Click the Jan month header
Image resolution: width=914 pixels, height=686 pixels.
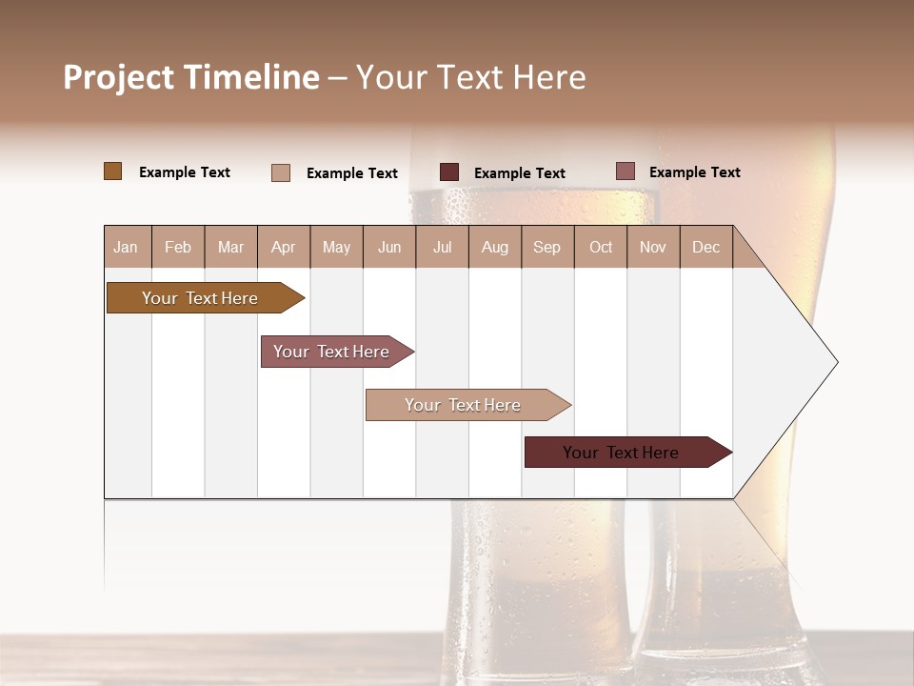point(127,247)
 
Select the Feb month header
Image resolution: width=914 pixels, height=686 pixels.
point(178,247)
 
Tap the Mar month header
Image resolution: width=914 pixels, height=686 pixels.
point(230,247)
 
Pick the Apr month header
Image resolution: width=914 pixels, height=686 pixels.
point(284,247)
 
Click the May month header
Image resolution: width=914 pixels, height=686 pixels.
point(336,247)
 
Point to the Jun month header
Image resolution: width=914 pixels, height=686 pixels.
point(389,247)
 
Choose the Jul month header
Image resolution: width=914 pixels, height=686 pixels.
point(442,247)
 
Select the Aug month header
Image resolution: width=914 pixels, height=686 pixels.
point(495,247)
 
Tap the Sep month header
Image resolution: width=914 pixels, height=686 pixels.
point(547,247)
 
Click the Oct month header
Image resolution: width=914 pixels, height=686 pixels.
point(601,247)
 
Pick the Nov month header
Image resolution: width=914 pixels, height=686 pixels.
point(653,247)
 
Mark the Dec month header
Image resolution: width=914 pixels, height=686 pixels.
point(706,247)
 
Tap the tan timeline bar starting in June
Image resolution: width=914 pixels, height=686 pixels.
point(465,405)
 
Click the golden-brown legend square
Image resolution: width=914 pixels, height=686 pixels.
point(112,171)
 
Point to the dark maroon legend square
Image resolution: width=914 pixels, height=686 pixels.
point(449,172)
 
